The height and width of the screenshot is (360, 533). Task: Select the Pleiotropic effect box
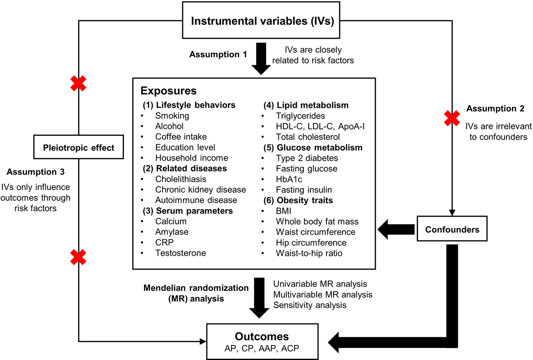tap(79, 147)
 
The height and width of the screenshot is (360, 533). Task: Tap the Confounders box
tap(453, 229)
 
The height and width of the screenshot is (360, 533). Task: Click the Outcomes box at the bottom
tap(262, 341)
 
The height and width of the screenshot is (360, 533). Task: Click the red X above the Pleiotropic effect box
tap(79, 83)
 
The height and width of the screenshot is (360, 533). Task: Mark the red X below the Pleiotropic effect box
tap(79, 257)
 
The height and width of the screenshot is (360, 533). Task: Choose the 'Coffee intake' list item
tap(181, 137)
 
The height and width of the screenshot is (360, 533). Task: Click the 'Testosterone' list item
tap(180, 253)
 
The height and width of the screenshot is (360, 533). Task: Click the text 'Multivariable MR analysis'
tap(323, 294)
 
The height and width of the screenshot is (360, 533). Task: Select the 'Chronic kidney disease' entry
tap(200, 190)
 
